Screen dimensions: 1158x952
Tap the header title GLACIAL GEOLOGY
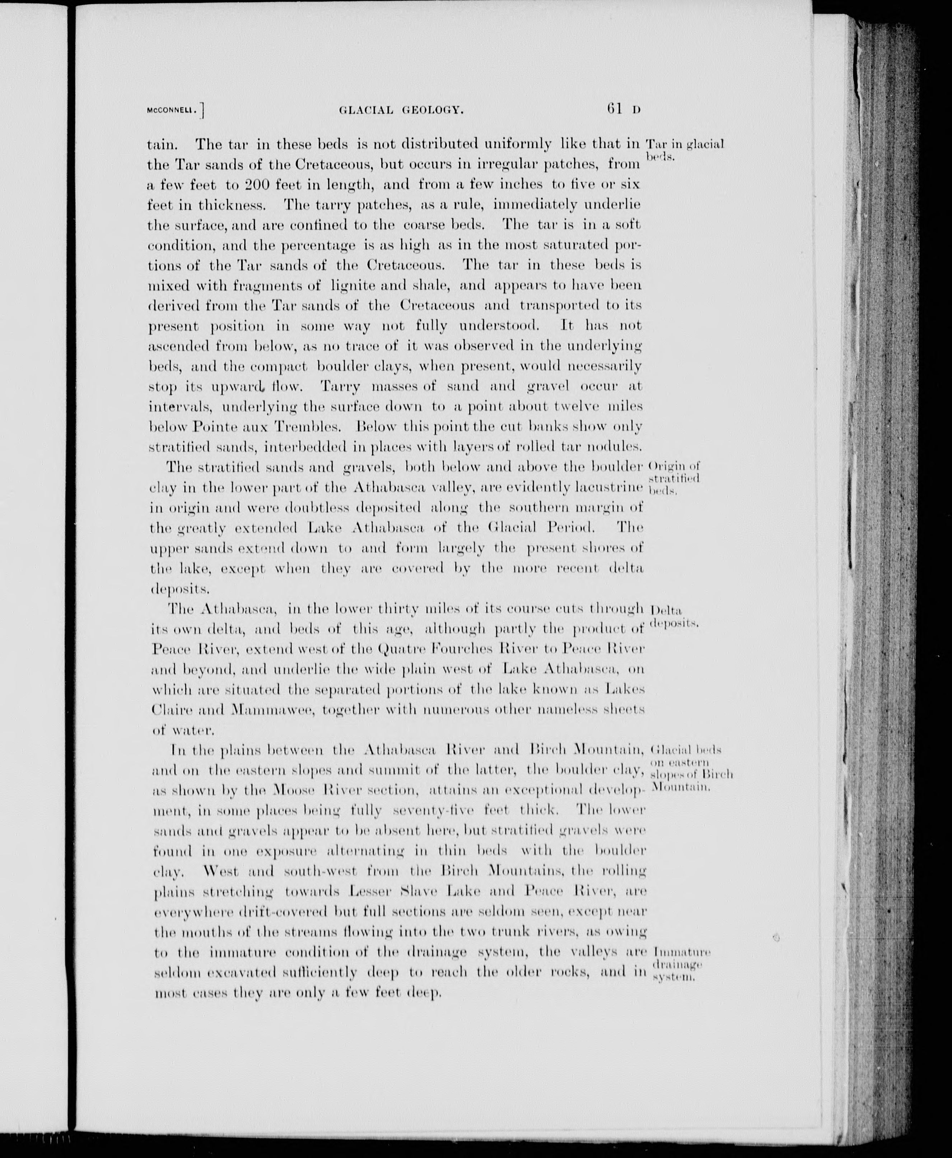[x=401, y=110]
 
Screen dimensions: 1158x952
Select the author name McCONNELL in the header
[x=172, y=110]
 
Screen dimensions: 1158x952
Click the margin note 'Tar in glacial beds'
[x=685, y=150]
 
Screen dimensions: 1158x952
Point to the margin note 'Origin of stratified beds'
[x=674, y=478]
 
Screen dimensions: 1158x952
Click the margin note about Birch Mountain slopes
[x=690, y=768]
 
